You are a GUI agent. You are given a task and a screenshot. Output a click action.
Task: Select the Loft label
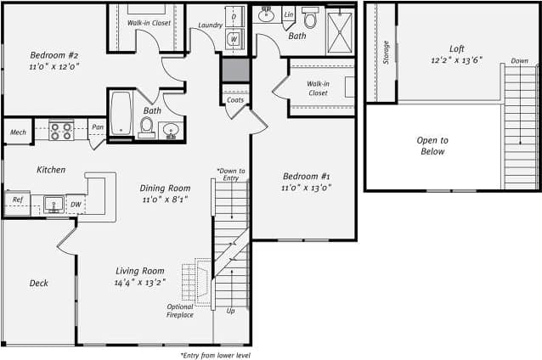[x=457, y=49]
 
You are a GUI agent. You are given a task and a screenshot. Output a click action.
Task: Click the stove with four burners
[x=61, y=131]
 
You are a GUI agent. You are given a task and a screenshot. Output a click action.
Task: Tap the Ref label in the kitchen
[x=16, y=200]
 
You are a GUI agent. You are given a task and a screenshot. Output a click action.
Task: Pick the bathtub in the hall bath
[x=121, y=114]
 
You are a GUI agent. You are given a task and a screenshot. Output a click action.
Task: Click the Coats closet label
[x=235, y=100]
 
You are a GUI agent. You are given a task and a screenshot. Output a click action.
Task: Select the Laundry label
[x=211, y=25]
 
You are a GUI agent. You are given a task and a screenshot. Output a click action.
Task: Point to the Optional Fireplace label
[x=179, y=310]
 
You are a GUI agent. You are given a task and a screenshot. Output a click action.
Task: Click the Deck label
[x=38, y=284]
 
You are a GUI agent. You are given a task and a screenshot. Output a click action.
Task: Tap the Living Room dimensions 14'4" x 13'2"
[x=141, y=283]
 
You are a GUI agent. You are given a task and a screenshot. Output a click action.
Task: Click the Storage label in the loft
[x=386, y=53]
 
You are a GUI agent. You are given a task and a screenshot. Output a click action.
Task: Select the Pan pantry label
[x=98, y=127]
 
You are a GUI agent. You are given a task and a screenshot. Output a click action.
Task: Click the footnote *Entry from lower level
[x=215, y=355]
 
